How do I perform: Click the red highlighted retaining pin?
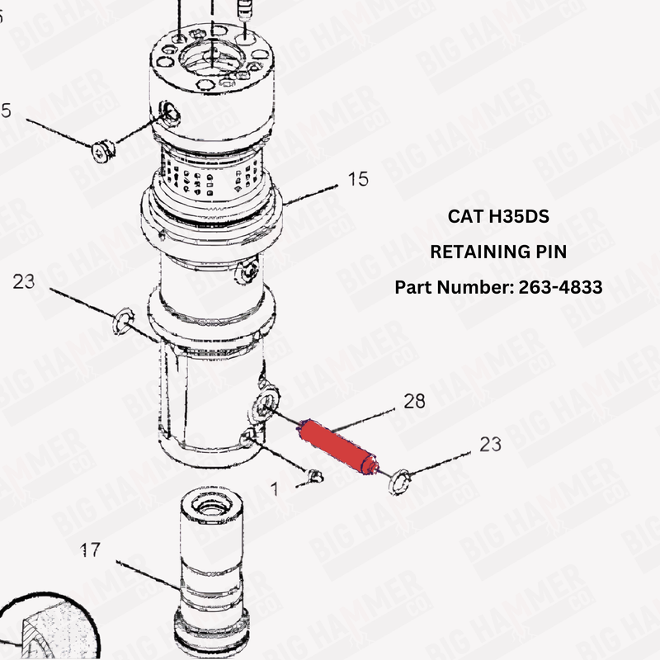[x=337, y=446]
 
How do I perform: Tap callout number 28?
[x=414, y=402]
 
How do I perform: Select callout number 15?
[x=358, y=179]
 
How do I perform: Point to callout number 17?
[x=91, y=549]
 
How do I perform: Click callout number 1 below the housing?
[x=275, y=488]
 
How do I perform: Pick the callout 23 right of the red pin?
[x=490, y=445]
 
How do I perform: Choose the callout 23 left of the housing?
[x=24, y=281]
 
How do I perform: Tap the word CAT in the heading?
[x=464, y=216]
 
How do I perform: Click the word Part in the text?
[x=412, y=287]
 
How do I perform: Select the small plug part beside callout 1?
[x=313, y=475]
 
